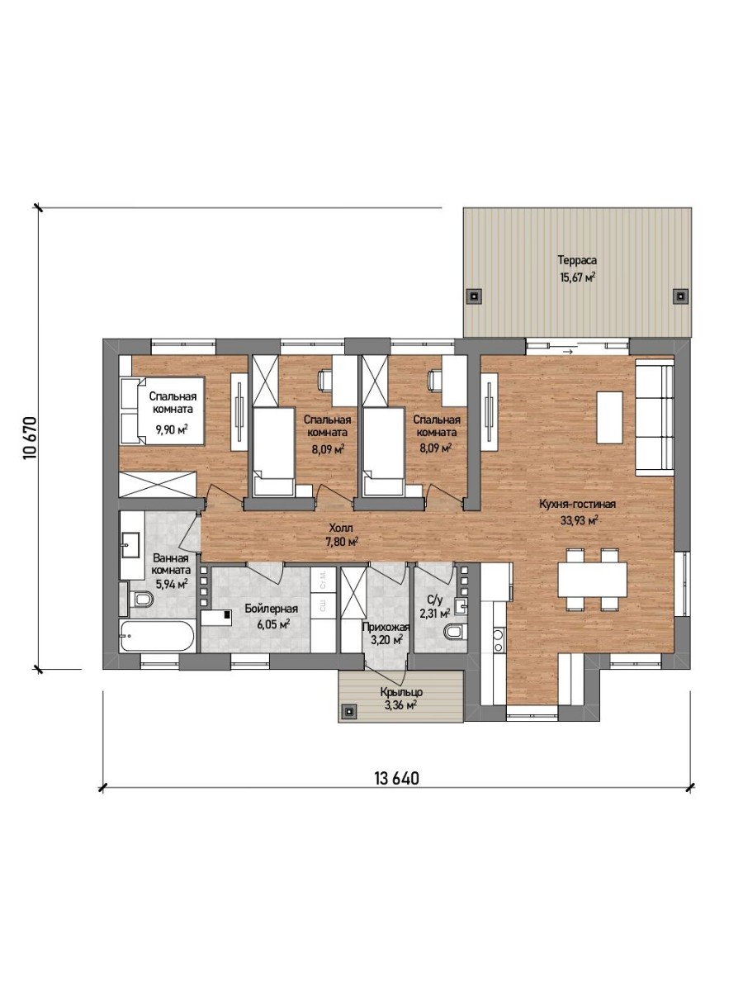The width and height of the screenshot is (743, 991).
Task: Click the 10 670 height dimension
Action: click(30, 439)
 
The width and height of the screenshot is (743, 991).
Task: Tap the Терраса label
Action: click(577, 260)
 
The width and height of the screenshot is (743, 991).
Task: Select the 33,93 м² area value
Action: click(580, 520)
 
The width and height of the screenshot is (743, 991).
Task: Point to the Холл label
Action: click(341, 528)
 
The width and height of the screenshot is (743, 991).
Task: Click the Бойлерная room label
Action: click(271, 609)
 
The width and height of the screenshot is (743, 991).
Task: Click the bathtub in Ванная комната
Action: click(157, 636)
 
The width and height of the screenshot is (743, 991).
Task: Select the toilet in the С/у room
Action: click(455, 631)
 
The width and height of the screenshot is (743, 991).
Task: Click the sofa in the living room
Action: click(654, 418)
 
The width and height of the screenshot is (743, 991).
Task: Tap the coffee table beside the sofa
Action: click(610, 418)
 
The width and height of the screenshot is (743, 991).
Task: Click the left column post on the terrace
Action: click(474, 296)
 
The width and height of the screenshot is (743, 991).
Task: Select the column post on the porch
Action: click(349, 712)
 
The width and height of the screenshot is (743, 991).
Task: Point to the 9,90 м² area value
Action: click(172, 429)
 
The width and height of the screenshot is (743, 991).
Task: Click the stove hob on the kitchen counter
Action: click(498, 641)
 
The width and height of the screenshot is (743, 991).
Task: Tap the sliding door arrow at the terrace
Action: click(567, 352)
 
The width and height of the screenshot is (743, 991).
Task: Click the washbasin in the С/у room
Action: click(460, 606)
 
